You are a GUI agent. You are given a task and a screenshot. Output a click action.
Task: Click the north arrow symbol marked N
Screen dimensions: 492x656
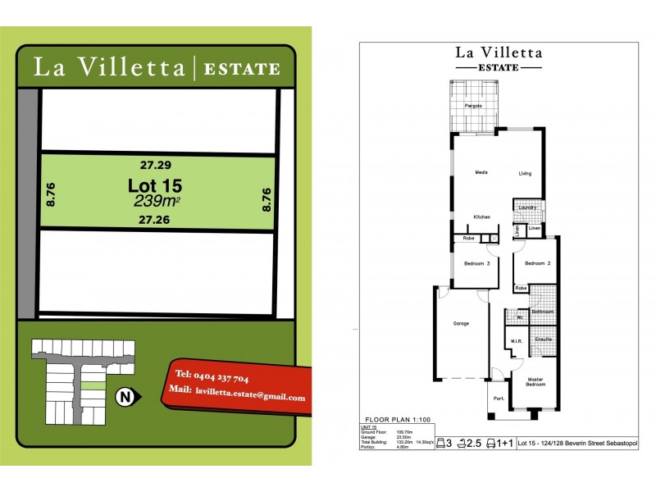pos(125,398)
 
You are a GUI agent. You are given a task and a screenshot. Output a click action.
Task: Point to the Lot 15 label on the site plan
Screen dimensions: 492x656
pos(154,184)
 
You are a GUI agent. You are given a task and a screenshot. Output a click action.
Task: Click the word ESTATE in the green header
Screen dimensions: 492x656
pos(241,69)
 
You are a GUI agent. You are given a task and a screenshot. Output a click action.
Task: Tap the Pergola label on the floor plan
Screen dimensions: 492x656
pos(473,107)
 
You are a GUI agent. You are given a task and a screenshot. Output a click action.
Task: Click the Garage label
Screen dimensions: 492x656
pos(462,324)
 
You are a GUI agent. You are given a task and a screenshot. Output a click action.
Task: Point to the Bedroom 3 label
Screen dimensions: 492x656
pos(476,263)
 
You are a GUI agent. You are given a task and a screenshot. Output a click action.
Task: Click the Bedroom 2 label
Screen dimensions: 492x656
pos(536,263)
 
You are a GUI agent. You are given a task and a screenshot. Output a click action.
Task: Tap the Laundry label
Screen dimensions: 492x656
pos(527,207)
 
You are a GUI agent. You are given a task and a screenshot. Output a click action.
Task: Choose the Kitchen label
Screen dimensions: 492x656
pos(481,216)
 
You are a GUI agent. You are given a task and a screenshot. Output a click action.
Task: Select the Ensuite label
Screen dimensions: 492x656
pos(543,339)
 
